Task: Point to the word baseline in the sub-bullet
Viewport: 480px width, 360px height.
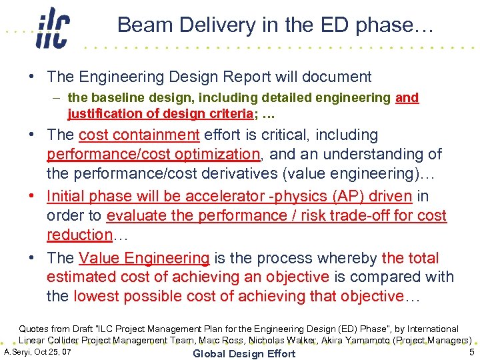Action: (116, 98)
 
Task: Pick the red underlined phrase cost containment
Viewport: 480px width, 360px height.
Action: (139, 135)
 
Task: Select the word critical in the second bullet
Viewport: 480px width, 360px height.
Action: (277, 135)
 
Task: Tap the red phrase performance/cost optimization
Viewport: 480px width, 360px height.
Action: (153, 154)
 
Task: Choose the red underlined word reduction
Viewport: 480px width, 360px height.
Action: (79, 235)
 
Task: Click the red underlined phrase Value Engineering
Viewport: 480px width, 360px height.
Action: (144, 258)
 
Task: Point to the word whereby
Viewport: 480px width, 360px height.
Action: (345, 258)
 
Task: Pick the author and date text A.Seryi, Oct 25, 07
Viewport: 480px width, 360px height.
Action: (38, 351)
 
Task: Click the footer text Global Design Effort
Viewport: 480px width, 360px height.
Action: (243, 353)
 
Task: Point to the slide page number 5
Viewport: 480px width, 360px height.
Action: (471, 352)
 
